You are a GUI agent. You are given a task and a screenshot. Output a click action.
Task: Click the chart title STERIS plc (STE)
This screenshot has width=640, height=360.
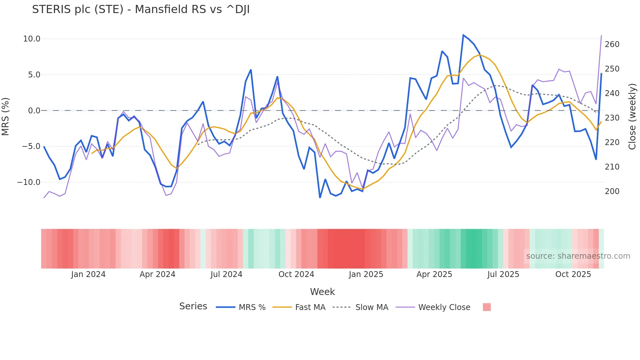pyautogui.click(x=141, y=9)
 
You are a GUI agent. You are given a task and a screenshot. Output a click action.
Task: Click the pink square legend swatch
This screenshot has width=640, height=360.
pyautogui.click(x=487, y=307)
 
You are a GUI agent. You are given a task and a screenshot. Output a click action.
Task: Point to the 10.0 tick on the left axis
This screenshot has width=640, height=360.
pyautogui.click(x=32, y=39)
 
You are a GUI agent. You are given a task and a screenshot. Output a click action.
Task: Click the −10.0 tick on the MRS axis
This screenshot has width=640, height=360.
pyautogui.click(x=29, y=182)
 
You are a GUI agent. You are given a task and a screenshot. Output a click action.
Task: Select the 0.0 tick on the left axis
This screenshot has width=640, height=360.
pyautogui.click(x=34, y=111)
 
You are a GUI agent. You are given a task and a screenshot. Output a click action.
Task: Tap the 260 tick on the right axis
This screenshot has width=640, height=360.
pyautogui.click(x=612, y=44)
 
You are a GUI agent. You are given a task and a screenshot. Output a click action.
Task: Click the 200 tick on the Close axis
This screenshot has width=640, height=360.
pyautogui.click(x=612, y=191)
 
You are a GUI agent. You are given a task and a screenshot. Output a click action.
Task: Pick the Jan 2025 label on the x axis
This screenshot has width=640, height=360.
pyautogui.click(x=366, y=274)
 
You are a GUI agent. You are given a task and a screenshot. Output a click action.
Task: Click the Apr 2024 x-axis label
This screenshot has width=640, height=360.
pyautogui.click(x=157, y=274)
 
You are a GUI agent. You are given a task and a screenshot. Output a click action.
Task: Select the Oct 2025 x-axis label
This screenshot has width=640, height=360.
pyautogui.click(x=573, y=274)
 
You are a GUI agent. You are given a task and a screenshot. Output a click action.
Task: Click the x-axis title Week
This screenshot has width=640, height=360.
pyautogui.click(x=322, y=292)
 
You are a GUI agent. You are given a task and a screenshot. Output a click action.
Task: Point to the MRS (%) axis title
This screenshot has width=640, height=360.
pyautogui.click(x=6, y=117)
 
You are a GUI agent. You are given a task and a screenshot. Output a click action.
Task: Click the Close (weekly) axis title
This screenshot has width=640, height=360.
pyautogui.click(x=632, y=117)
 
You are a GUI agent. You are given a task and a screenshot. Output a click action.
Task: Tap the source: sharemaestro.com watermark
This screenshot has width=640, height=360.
pyautogui.click(x=578, y=256)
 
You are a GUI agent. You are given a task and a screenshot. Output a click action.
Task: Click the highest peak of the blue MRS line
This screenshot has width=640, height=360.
pyautogui.click(x=463, y=35)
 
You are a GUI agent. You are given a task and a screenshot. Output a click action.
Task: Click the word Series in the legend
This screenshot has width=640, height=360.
pyautogui.click(x=193, y=306)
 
